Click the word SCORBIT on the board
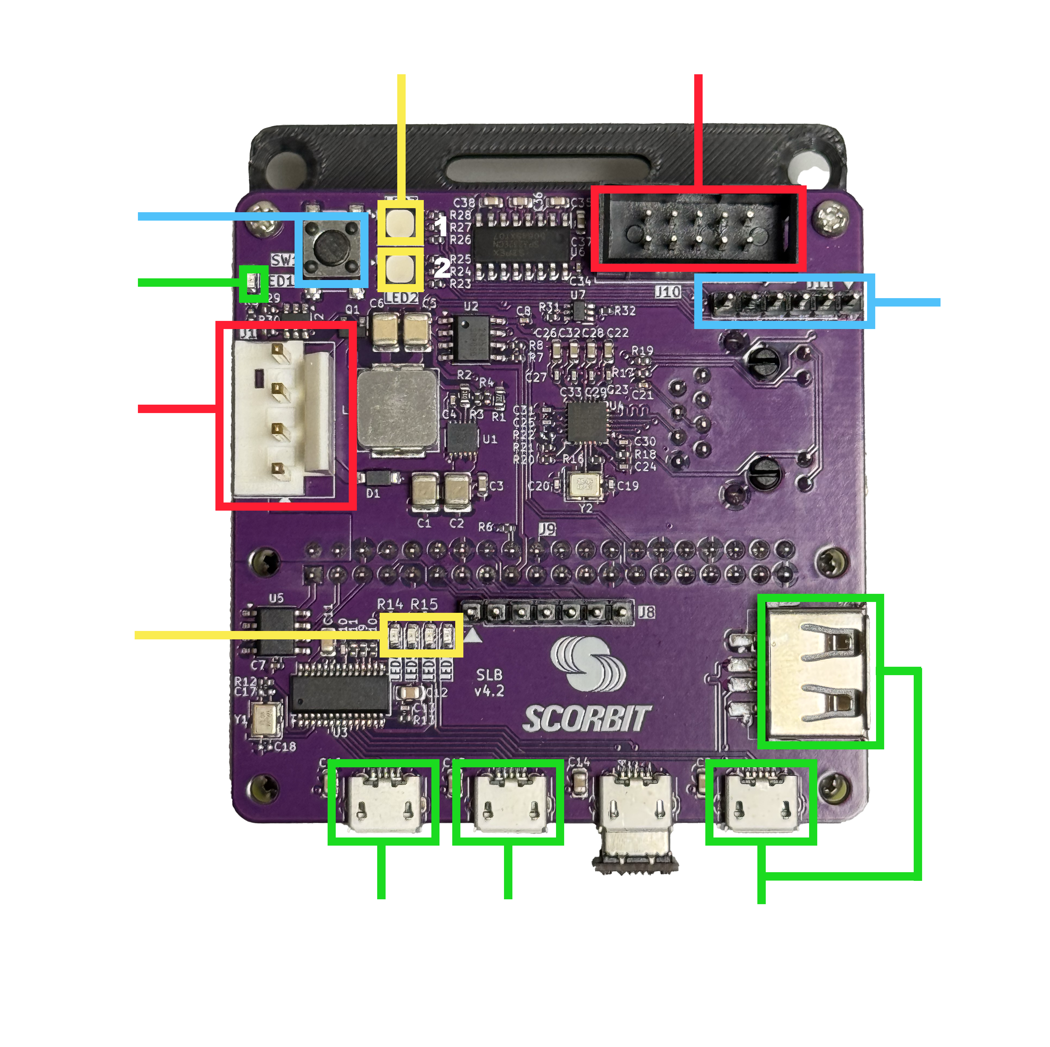(586, 719)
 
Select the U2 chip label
(471, 307)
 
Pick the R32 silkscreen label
(625, 311)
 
